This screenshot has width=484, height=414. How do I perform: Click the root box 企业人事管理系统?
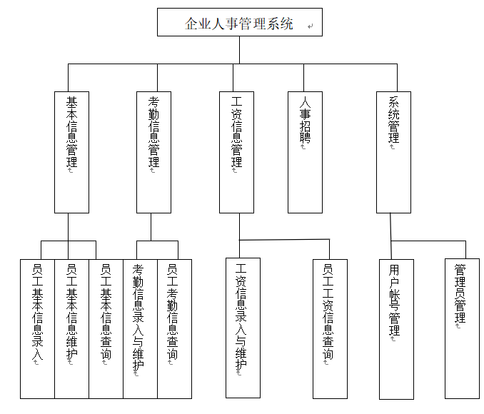(240, 22)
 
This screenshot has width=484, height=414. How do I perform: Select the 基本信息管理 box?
(71, 152)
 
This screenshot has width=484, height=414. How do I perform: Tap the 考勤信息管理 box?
(153, 152)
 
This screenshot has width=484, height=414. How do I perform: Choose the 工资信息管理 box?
(236, 152)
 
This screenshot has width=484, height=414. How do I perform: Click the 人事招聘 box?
(305, 152)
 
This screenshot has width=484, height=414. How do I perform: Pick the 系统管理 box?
(393, 152)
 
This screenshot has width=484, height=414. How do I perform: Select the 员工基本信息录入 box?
(37, 329)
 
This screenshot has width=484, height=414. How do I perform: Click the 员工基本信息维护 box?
(71, 329)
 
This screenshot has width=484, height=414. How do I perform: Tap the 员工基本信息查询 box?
(106, 329)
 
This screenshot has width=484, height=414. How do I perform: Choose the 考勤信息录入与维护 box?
(140, 329)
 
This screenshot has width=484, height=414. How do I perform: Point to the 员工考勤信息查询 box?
(174, 329)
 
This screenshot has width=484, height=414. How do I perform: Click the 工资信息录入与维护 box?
(243, 328)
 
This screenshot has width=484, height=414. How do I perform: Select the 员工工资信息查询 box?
(330, 329)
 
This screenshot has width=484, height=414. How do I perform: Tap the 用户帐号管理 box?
(396, 329)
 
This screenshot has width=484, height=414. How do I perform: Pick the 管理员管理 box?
(462, 328)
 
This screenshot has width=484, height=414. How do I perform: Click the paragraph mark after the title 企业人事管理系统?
(311, 26)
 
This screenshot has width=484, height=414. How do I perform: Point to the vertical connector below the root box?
(240, 50)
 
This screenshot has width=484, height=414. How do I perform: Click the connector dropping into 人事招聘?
(303, 78)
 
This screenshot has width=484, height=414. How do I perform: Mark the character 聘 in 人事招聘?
(305, 137)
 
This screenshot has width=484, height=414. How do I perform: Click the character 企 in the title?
(191, 24)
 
